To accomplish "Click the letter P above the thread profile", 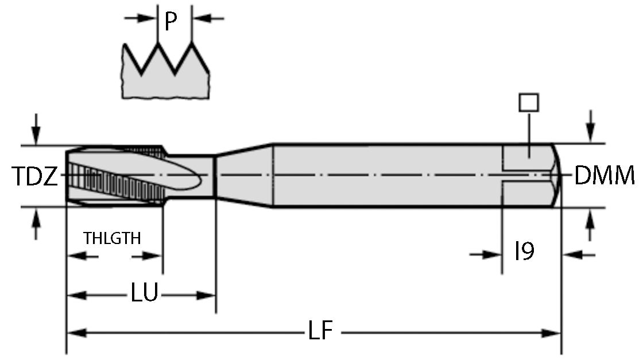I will [170, 22].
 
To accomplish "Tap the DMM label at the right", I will [605, 176].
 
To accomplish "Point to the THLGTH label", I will [112, 238].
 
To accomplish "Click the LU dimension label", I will [144, 295].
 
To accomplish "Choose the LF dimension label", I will [320, 332].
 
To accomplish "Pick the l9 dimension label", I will [524, 251].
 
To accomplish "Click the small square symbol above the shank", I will [528, 102].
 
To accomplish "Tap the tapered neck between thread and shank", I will [243, 175].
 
